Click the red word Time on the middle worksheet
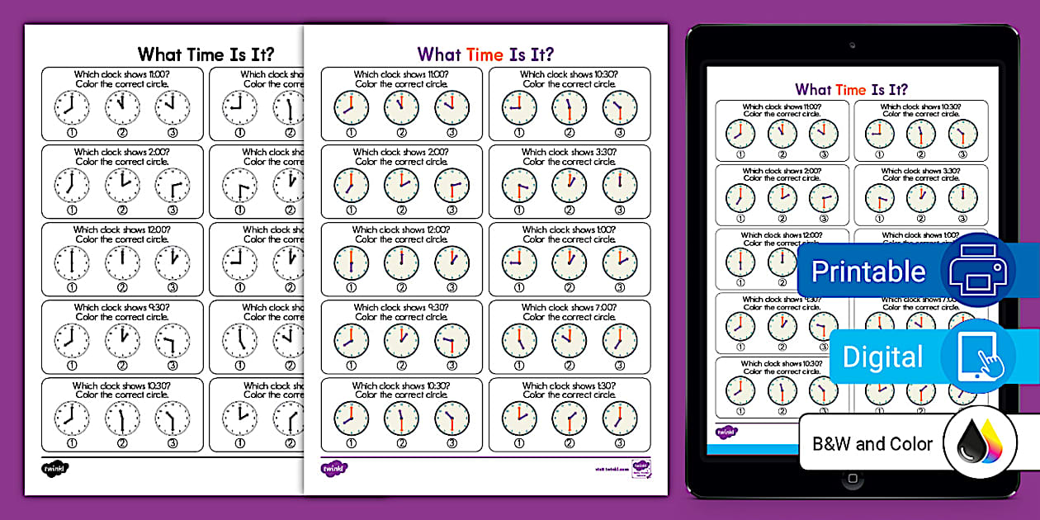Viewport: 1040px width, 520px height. click(x=485, y=54)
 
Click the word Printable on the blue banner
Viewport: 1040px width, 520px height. click(x=868, y=272)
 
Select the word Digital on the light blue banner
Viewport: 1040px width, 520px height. click(x=882, y=357)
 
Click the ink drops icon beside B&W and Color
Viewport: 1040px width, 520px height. click(x=980, y=446)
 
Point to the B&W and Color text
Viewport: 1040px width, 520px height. click(x=872, y=444)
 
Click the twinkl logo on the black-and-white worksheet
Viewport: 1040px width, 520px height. click(x=54, y=469)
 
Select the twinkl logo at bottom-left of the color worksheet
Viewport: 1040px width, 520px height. click(x=333, y=469)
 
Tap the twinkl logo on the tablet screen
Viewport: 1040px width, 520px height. click(x=726, y=432)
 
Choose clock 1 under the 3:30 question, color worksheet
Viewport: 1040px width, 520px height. click(x=519, y=186)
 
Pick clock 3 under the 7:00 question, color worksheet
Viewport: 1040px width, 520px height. click(x=619, y=341)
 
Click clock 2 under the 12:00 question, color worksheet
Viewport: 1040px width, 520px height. click(x=401, y=263)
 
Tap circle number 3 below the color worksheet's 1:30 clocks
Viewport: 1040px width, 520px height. click(x=619, y=443)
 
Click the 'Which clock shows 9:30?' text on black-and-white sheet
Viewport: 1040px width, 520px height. click(x=121, y=307)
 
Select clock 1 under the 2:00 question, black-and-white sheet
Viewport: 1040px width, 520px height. click(x=72, y=186)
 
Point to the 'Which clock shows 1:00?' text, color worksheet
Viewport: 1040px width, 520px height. click(x=570, y=229)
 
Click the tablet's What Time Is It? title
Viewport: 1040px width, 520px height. click(x=851, y=89)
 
